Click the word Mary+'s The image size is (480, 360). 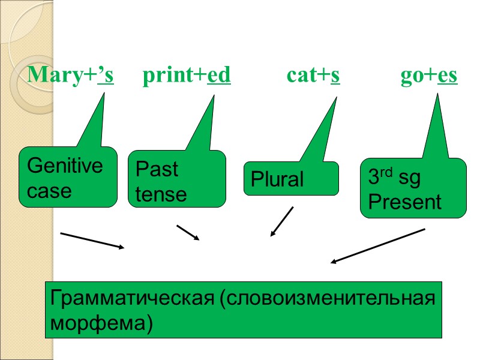pos(71,76)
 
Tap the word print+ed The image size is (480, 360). pos(187,76)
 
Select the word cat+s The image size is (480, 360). pos(313,76)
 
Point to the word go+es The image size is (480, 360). pos(429,76)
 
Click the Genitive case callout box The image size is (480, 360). pos(68,178)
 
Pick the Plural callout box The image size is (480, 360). pos(290,179)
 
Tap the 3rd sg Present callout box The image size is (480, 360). pos(412,188)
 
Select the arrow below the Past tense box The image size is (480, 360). pos(187,232)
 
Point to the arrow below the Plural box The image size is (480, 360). pos(282,221)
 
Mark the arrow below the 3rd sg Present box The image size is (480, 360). pos(378,245)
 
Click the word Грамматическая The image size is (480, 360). pos(133,298)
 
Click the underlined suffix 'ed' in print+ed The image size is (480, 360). pos(219,76)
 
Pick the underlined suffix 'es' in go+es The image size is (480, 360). pos(448,76)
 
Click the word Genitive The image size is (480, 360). pos(65,166)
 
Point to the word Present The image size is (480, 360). pos(404,202)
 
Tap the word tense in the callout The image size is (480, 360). pos(161,194)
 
